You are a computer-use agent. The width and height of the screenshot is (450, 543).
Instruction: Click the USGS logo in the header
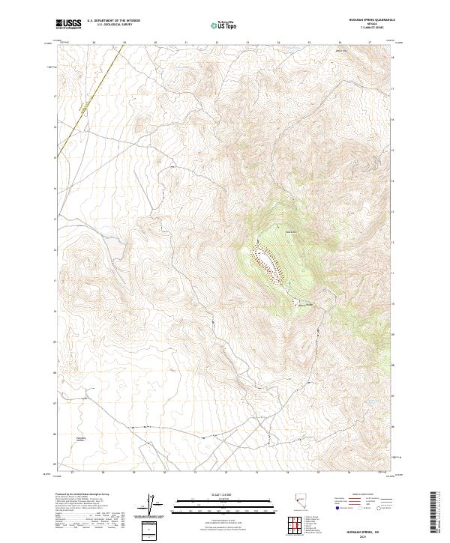coord(68,25)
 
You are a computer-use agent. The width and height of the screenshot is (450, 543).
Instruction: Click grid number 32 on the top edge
coord(217,43)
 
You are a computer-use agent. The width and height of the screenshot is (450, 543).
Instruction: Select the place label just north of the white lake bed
coord(272,232)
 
